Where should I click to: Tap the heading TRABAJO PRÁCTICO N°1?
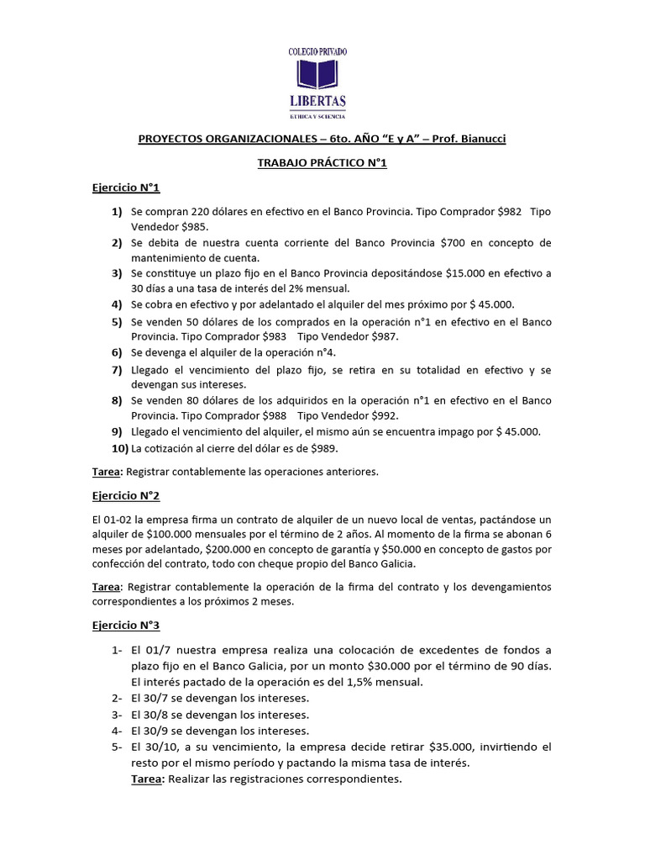pyautogui.click(x=322, y=163)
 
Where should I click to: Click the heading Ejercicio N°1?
pyautogui.click(x=125, y=188)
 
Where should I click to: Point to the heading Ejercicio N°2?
pyautogui.click(x=125, y=496)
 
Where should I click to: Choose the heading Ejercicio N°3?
pyautogui.click(x=125, y=625)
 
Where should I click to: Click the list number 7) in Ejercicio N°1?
pyautogui.click(x=118, y=369)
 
